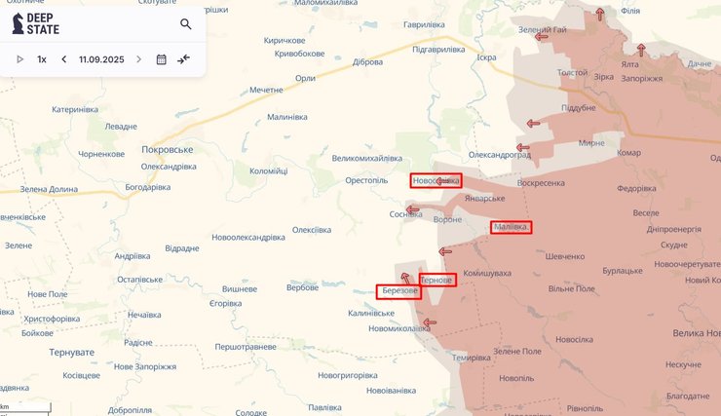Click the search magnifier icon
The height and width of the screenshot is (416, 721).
tap(186, 24)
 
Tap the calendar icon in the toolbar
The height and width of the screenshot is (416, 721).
tap(162, 59)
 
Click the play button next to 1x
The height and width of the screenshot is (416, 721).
tap(19, 59)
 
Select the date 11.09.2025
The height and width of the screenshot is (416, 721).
tap(101, 59)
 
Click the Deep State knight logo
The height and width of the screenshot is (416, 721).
tap(18, 24)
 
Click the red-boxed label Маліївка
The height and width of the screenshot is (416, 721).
tap(511, 227)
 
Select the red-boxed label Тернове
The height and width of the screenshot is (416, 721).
tap(436, 280)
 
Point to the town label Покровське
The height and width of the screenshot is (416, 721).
tap(169, 150)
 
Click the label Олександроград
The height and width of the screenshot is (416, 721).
tap(501, 155)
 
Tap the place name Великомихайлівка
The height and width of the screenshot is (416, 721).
tap(366, 158)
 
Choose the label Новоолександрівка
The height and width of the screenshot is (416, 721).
tap(248, 237)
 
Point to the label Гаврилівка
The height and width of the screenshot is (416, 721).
tap(404, 23)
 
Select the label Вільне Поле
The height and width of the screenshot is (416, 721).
tap(572, 289)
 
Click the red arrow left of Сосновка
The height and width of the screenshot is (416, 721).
tap(412, 208)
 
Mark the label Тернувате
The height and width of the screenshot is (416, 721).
tap(74, 352)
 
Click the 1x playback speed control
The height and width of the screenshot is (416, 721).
tap(42, 59)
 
